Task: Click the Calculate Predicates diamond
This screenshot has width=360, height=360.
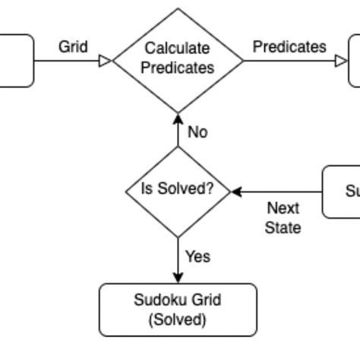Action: point(178,59)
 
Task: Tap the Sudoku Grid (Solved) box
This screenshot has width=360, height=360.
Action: point(178,310)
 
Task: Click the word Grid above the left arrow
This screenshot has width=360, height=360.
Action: point(73,47)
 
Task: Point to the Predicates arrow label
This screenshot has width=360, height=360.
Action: point(289,47)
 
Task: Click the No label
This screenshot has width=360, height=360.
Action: point(197,132)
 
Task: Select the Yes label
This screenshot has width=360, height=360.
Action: point(197,257)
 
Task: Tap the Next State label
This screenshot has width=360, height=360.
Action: point(283,218)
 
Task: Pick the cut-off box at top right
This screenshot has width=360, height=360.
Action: point(354,60)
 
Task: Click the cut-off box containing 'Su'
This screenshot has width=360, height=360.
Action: point(342,191)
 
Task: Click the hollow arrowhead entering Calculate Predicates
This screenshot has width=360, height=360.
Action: point(106,60)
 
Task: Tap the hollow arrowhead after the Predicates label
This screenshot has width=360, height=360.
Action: point(342,60)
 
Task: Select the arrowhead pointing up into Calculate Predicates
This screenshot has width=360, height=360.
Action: point(178,118)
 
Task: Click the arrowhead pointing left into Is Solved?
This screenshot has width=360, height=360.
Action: point(237,191)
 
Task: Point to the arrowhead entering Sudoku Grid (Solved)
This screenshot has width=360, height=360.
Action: point(178,278)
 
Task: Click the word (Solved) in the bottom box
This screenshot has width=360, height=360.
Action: point(178,320)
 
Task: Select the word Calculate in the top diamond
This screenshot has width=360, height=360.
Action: point(178,49)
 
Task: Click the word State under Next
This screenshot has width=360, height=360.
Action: point(283,228)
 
